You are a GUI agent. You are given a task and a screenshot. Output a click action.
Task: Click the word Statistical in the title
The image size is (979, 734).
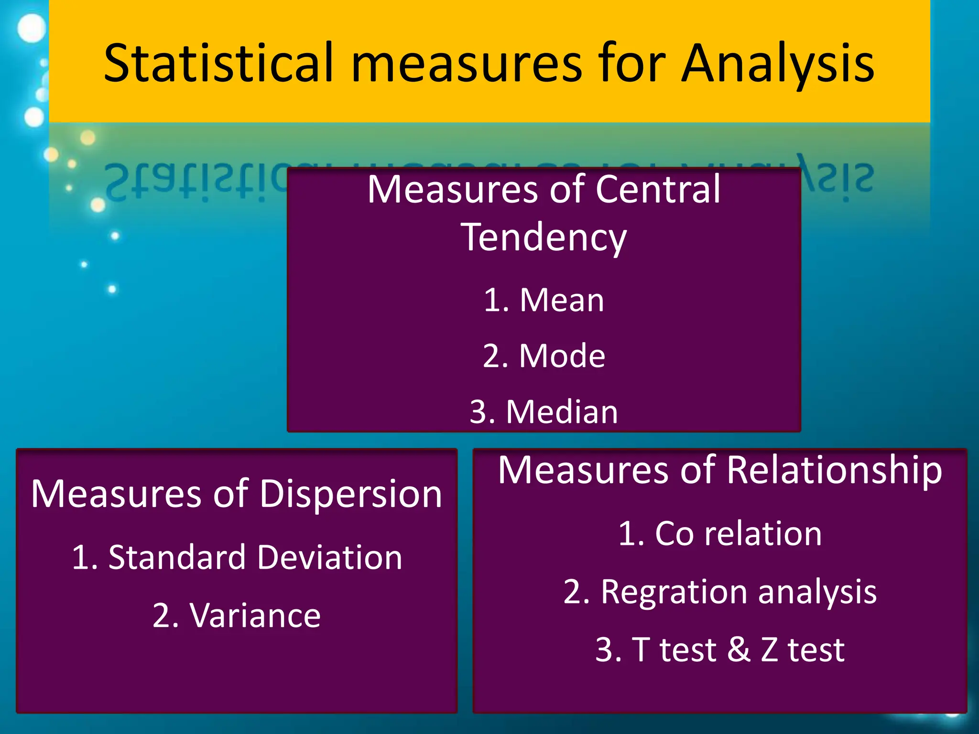218,63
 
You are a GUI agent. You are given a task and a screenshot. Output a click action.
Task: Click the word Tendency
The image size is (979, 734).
544,237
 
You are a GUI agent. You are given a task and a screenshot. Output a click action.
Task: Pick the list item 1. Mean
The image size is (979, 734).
544,300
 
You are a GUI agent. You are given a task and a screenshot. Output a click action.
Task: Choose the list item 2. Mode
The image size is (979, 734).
544,356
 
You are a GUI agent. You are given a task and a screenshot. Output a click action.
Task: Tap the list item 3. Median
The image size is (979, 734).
544,411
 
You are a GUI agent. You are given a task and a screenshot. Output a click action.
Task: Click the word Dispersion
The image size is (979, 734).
351,494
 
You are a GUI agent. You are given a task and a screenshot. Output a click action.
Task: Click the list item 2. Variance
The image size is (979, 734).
237,615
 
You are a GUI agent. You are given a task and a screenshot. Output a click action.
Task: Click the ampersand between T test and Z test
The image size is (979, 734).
739,649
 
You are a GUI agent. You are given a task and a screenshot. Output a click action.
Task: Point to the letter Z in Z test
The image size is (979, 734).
769,649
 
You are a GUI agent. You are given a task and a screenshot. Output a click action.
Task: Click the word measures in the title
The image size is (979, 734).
467,63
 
